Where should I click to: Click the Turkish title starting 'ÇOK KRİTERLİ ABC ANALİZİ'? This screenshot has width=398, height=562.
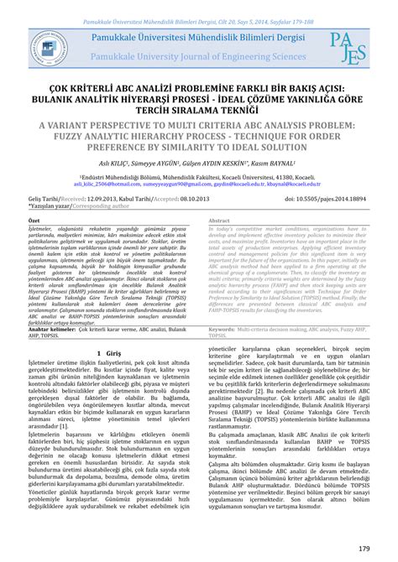(x=198, y=87)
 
